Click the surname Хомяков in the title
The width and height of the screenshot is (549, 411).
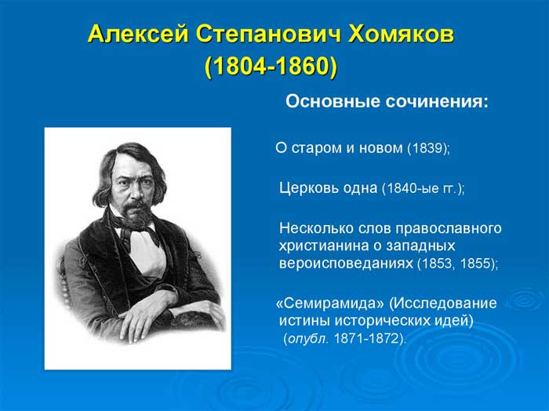(x=401, y=35)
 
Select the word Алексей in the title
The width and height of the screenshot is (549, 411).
(x=138, y=35)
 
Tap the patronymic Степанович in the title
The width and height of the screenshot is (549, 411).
(x=268, y=35)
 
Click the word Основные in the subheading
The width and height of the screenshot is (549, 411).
(x=333, y=101)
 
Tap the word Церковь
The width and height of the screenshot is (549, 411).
(x=309, y=188)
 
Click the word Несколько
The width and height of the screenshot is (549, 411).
(x=317, y=228)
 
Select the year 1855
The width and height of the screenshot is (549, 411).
(x=476, y=264)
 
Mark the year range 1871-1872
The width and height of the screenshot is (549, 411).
(x=367, y=339)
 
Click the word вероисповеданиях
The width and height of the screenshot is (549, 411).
(x=346, y=264)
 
